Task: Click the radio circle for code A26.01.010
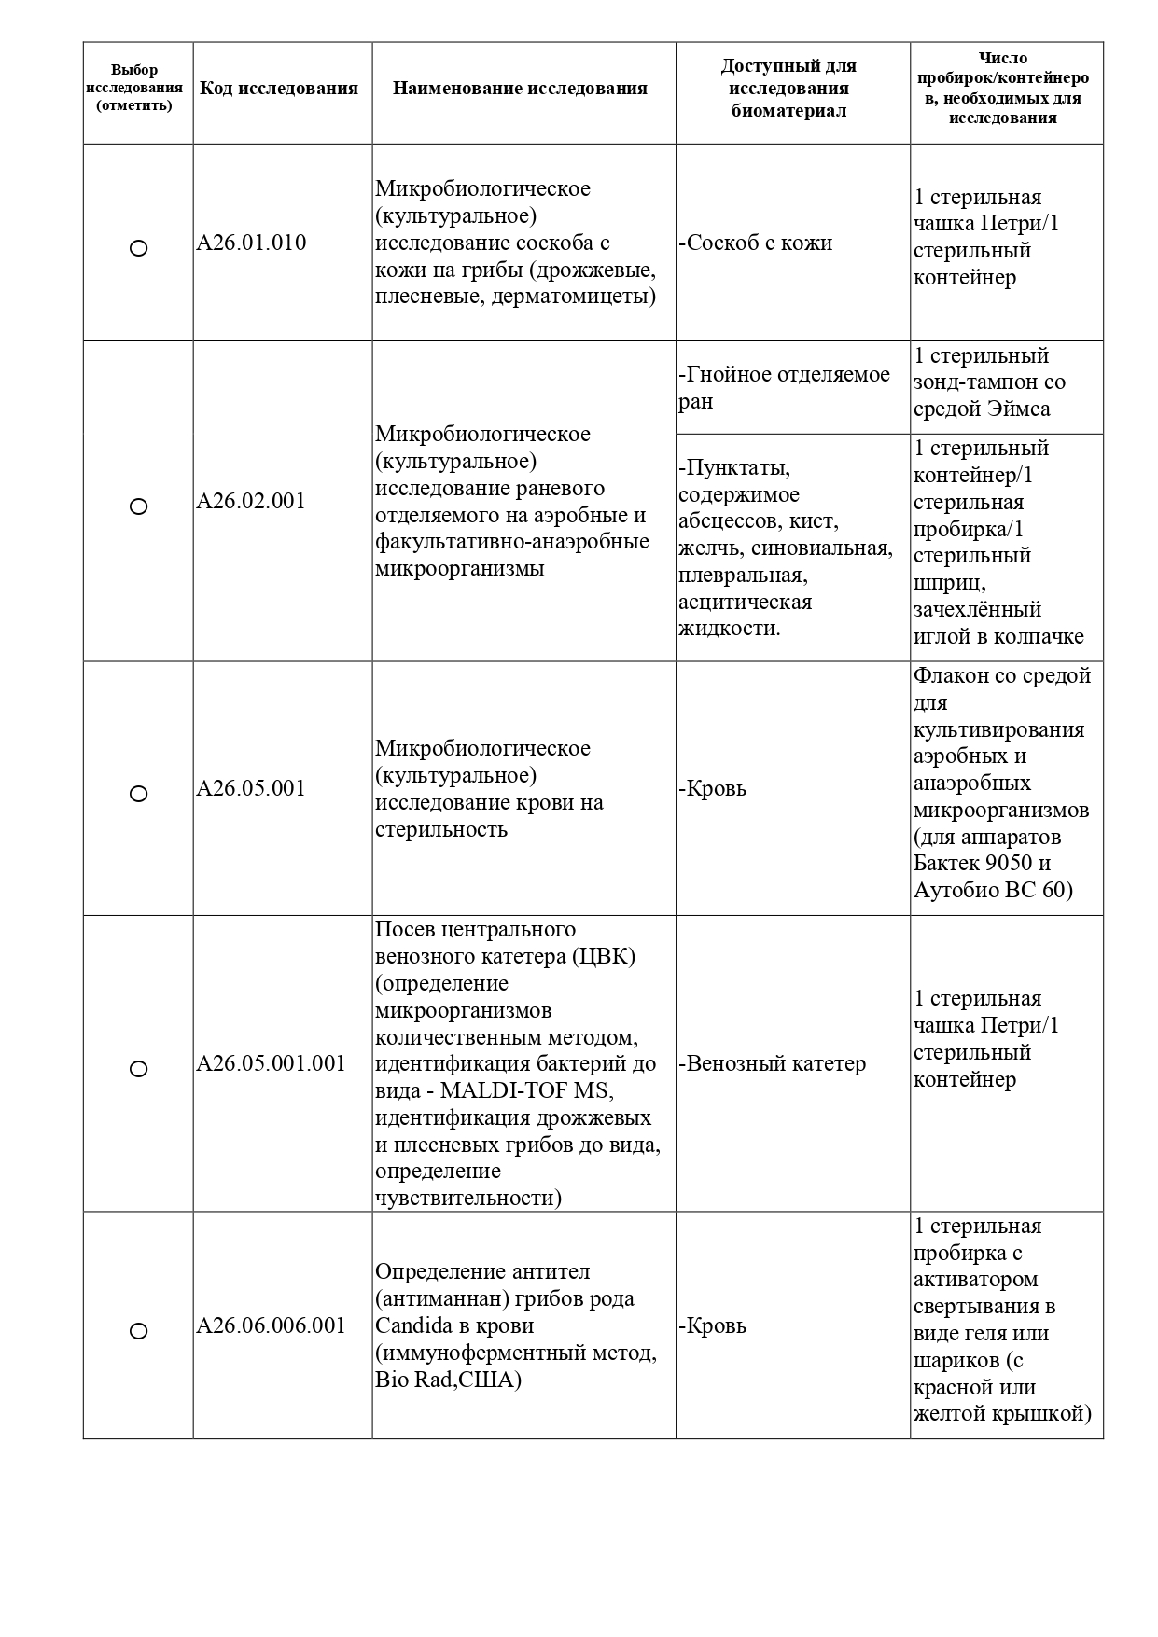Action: pyautogui.click(x=138, y=248)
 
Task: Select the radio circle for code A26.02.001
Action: pyautogui.click(x=138, y=506)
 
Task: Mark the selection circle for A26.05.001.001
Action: pyautogui.click(x=138, y=1069)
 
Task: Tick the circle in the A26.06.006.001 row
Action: pyautogui.click(x=138, y=1331)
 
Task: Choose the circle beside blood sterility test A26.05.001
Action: pyautogui.click(x=138, y=794)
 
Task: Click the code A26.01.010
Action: pyautogui.click(x=251, y=243)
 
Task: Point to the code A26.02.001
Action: pyautogui.click(x=251, y=502)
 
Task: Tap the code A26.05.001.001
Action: pyautogui.click(x=271, y=1064)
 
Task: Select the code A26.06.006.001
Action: pyautogui.click(x=271, y=1326)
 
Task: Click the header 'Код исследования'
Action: pyautogui.click(x=279, y=90)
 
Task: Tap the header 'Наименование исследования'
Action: pyautogui.click(x=520, y=90)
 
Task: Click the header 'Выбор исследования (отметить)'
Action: pyautogui.click(x=134, y=88)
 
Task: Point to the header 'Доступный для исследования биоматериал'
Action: pyautogui.click(x=788, y=90)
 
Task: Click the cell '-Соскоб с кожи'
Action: pyautogui.click(x=755, y=243)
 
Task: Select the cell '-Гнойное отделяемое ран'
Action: pyautogui.click(x=784, y=388)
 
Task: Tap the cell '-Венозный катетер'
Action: pyautogui.click(x=773, y=1064)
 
